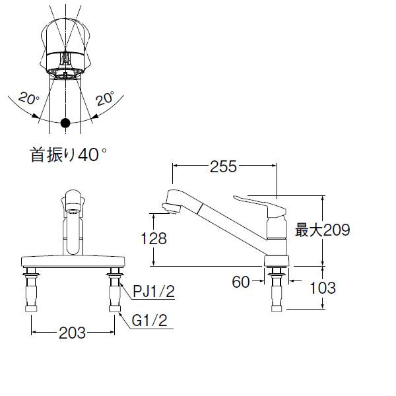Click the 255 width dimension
(x=223, y=168)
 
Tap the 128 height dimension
(x=153, y=239)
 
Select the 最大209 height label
(x=321, y=230)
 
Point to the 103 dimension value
(x=322, y=288)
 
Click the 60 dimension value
(x=242, y=282)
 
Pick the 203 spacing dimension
(x=73, y=333)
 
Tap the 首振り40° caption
(x=68, y=155)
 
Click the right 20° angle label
(x=105, y=99)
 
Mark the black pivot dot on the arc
(x=65, y=123)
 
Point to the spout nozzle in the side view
(x=170, y=208)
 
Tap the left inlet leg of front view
(x=31, y=290)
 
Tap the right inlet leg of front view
(x=114, y=290)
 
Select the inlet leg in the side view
(x=277, y=290)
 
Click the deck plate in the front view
(x=73, y=259)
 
